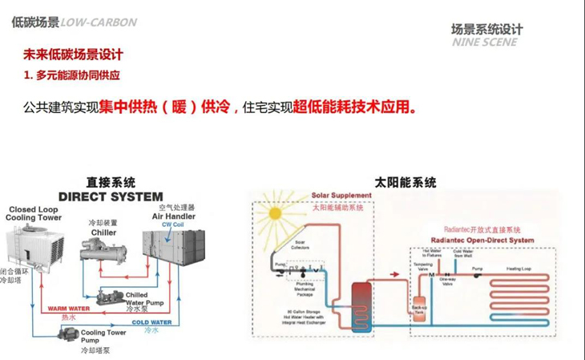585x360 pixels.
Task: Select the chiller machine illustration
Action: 104,250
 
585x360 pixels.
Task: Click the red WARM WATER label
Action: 67,308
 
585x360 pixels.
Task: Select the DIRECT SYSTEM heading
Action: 111,196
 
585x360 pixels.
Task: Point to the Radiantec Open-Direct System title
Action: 482,240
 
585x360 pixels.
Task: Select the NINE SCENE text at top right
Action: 485,42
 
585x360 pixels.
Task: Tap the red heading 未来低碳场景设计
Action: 73,55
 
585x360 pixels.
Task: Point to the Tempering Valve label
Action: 422,265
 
